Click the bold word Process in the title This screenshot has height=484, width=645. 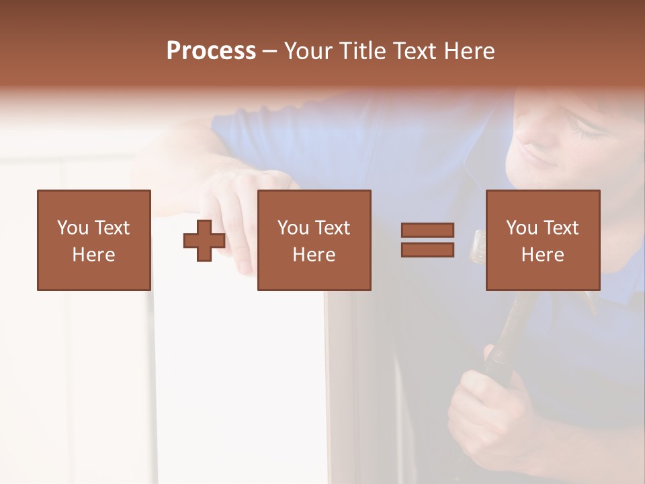(x=211, y=51)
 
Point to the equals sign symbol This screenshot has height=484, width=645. (x=427, y=240)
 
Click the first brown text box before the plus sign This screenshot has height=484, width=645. (x=94, y=240)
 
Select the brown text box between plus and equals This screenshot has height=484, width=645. (x=314, y=240)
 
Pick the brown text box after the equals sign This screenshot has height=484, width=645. (x=542, y=240)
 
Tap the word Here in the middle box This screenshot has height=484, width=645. (x=314, y=255)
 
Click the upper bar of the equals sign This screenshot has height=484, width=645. (x=427, y=231)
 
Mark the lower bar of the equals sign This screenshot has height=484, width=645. (x=427, y=249)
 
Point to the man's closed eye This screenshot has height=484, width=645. (x=591, y=134)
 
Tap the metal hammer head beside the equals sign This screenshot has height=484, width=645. (x=478, y=245)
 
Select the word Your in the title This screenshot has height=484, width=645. (x=308, y=51)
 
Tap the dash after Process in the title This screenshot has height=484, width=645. (x=270, y=51)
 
